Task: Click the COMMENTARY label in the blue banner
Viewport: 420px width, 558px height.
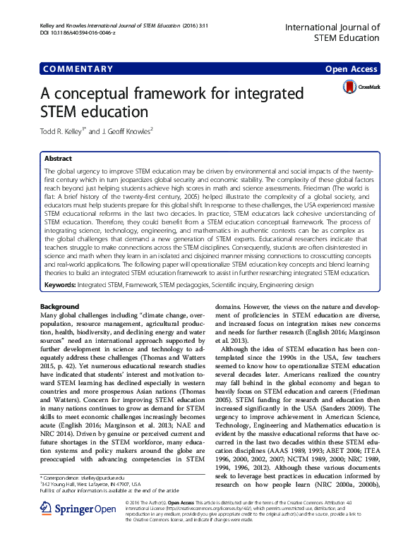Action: (78, 69)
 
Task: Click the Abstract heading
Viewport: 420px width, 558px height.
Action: (59, 159)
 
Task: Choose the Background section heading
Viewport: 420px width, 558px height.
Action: (60, 307)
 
